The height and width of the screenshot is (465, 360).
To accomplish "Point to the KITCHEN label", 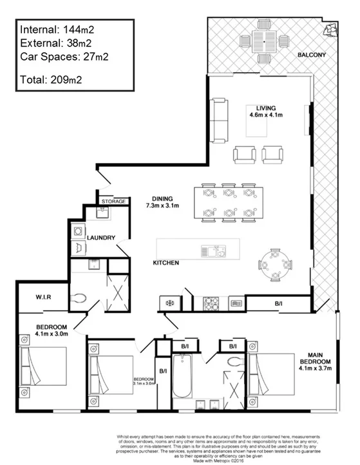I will pos(166,263).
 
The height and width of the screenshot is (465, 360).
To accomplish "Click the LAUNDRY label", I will pos(102,238).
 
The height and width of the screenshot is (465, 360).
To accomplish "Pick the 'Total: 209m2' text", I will pos(51,81).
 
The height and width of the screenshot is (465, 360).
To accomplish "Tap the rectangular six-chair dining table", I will pos(227,202).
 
